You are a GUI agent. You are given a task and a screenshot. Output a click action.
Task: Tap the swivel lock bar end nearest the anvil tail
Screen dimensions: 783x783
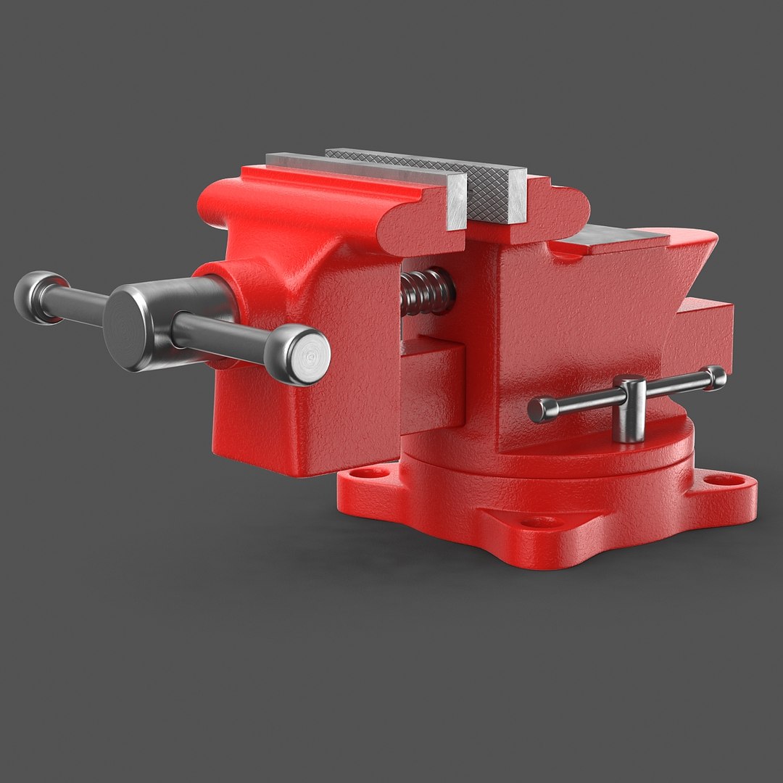click(716, 377)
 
